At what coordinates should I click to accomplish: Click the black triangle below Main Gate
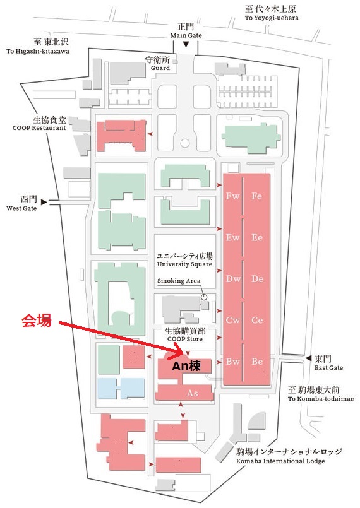[x=186, y=44]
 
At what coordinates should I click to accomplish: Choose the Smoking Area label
[x=179, y=281]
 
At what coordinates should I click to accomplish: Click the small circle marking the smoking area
[x=204, y=297]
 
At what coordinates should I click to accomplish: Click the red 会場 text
[x=37, y=320]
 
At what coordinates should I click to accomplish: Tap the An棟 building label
[x=186, y=366]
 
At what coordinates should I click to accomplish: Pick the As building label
[x=193, y=393]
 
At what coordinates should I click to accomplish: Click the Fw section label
[x=233, y=196]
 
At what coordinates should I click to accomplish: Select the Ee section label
[x=257, y=237]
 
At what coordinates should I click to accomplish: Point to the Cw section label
[x=233, y=320]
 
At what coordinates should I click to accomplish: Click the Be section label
[x=257, y=362]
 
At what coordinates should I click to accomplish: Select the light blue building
[x=121, y=388]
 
